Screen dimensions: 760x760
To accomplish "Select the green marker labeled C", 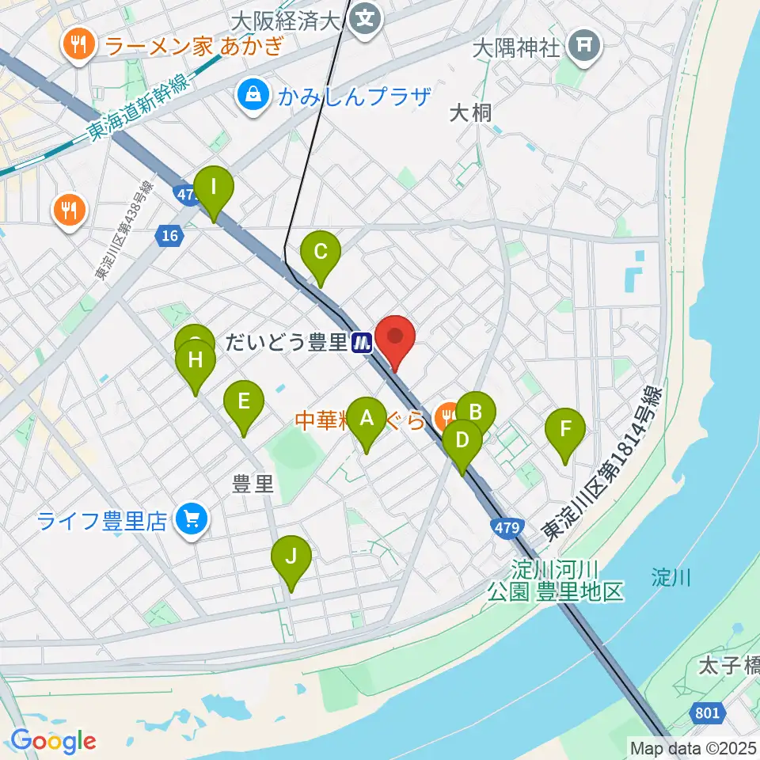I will point(321,253).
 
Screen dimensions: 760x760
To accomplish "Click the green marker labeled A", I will point(367,419).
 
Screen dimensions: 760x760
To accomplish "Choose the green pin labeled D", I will point(462,440).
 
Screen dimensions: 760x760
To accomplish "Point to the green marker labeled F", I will point(565,431).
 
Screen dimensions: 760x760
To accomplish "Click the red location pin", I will point(394,338).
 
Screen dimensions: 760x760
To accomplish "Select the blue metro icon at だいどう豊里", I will point(363,343).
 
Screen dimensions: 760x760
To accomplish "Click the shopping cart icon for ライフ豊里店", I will point(191,519).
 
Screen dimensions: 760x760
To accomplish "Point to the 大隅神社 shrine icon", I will point(584,47).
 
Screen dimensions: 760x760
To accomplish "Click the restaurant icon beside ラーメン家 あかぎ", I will point(79,46).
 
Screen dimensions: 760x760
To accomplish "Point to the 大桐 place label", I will point(470,112).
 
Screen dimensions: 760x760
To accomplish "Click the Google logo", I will point(53,741).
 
